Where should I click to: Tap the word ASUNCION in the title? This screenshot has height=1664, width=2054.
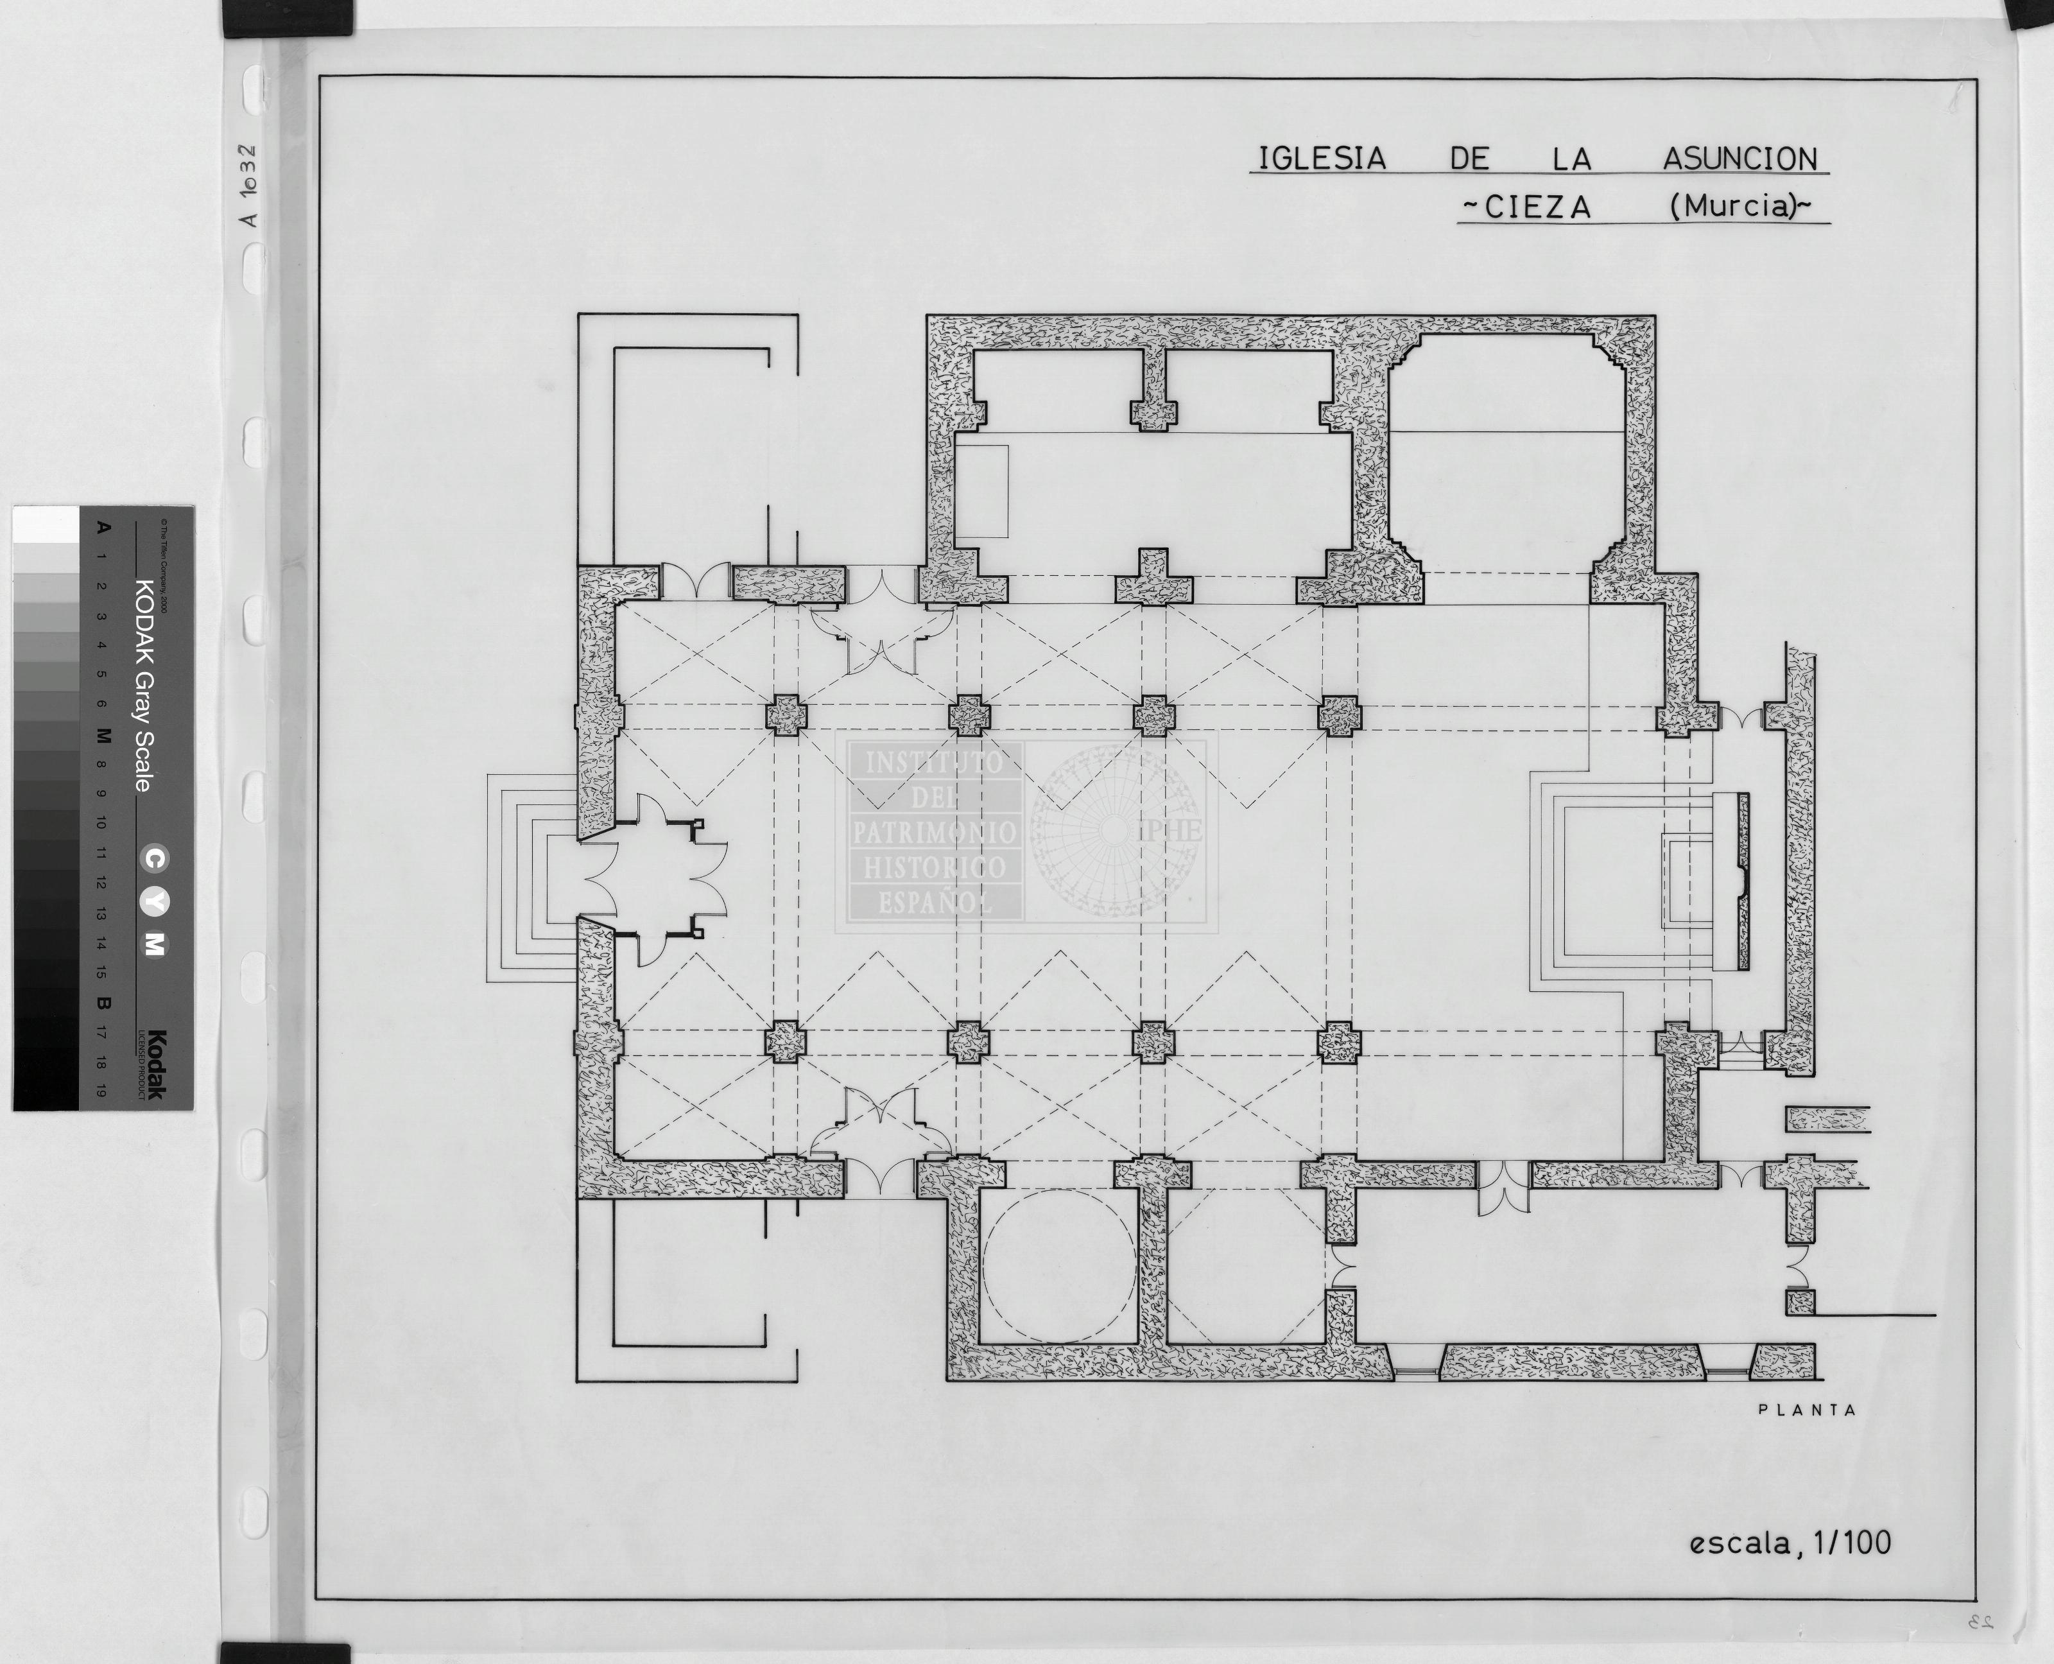pos(1739,159)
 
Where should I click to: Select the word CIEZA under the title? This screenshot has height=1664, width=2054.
pos(1537,207)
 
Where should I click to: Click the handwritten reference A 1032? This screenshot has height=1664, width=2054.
pos(249,184)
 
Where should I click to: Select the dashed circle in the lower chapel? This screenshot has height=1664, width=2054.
pos(1059,1265)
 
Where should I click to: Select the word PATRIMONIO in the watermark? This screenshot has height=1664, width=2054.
pos(933,833)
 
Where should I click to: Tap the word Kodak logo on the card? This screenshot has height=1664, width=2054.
pos(155,1064)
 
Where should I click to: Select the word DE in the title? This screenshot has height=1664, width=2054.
pos(1469,159)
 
